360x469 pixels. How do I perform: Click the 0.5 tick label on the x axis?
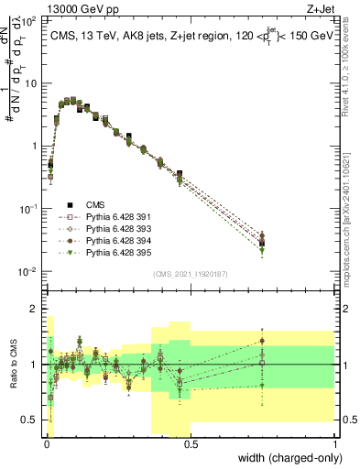[192, 443]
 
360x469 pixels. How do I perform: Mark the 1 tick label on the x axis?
[337, 443]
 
